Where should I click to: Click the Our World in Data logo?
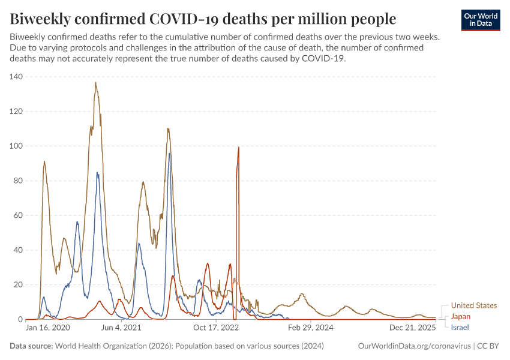[x=480, y=20]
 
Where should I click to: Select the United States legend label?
[x=474, y=305]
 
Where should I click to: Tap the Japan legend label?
[x=461, y=316]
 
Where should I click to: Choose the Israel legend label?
[x=460, y=327]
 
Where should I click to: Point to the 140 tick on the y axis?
[x=16, y=77]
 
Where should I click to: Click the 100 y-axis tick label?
[x=16, y=146]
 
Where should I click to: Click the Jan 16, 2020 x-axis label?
[x=47, y=328]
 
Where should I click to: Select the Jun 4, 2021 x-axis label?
[x=121, y=328]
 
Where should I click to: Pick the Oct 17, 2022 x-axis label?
[x=217, y=328]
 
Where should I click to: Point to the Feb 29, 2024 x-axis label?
[x=311, y=328]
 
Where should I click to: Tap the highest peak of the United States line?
[x=95, y=83]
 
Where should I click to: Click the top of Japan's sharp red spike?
[x=239, y=147]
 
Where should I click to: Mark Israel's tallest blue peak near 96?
[x=169, y=154]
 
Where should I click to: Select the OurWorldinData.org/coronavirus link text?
[x=414, y=346]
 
